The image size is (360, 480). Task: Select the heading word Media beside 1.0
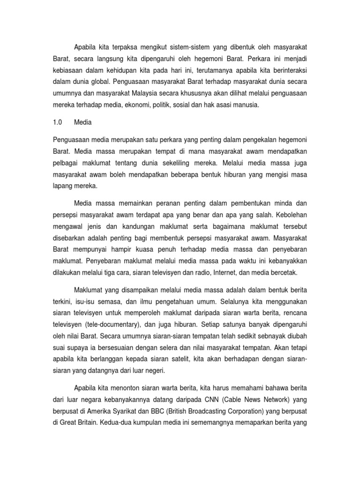click(83, 122)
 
